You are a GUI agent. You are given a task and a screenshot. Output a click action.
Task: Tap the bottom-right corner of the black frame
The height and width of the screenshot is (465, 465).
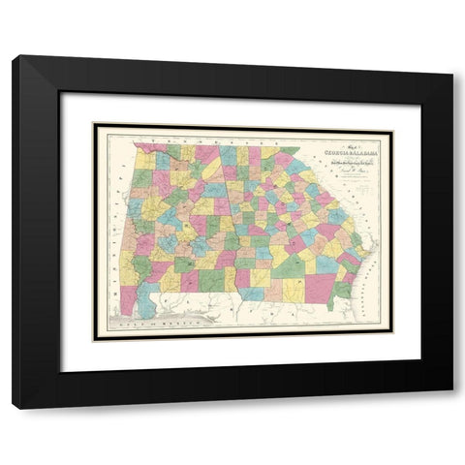(451, 408)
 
